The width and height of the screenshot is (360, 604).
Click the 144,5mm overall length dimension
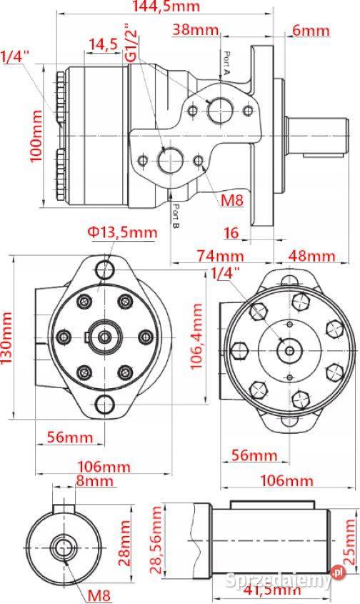click(166, 7)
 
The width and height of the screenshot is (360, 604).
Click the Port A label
click(226, 63)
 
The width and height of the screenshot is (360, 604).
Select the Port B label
click(176, 214)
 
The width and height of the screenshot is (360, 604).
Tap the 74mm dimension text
click(220, 255)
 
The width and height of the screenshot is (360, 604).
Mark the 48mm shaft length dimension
click(311, 255)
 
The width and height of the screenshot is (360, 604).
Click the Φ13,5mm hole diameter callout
click(122, 232)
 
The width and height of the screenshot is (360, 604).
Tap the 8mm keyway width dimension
click(95, 481)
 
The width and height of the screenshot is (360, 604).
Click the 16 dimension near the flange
click(230, 232)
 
